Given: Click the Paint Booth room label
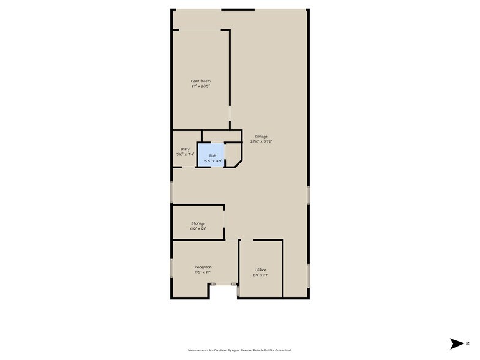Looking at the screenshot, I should (x=201, y=80).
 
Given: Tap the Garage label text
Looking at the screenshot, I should (x=261, y=136).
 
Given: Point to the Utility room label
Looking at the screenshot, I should (x=184, y=149).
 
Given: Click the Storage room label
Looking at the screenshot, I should (x=198, y=223).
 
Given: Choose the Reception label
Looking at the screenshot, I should (x=203, y=267).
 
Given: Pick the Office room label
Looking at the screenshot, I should (x=261, y=270).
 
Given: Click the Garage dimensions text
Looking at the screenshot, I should (x=261, y=141).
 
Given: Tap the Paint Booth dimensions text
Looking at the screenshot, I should (x=201, y=86).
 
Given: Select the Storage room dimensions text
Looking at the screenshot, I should (x=198, y=229).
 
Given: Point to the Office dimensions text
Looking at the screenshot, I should (x=261, y=276).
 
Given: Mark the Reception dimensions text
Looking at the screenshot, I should (x=203, y=272).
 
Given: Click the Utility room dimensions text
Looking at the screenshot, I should (x=184, y=154).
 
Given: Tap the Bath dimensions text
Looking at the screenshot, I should (x=213, y=161).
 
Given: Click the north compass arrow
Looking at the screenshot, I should (x=457, y=343).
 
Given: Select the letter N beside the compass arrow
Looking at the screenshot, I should (x=468, y=343).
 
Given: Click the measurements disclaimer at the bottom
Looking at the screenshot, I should (x=239, y=350).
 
